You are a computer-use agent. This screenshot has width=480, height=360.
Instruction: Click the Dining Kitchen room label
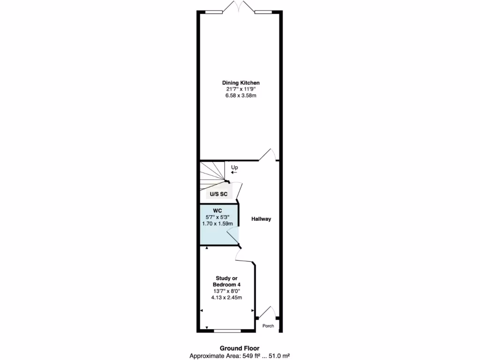pos(240,82)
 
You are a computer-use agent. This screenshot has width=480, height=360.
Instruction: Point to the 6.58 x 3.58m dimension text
pos(240,96)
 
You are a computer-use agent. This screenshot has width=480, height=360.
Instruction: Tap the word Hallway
pos(261,219)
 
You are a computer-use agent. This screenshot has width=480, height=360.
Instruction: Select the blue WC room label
pos(217,210)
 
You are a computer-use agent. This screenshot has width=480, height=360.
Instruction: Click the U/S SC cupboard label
pos(218,194)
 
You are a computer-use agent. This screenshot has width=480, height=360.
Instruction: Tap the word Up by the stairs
pos(234,167)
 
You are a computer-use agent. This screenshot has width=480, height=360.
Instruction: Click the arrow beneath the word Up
pos(234,172)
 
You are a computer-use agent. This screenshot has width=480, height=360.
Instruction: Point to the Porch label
pos(268,326)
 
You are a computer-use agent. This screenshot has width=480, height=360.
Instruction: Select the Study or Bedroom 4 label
pos(226,281)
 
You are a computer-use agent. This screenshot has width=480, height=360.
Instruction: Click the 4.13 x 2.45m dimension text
pos(226,298)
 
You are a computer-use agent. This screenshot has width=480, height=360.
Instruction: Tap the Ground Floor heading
pos(240,348)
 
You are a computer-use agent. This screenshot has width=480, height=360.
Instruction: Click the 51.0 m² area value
pos(279,356)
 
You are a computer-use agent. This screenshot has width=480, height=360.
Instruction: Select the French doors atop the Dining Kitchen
pos(239,7)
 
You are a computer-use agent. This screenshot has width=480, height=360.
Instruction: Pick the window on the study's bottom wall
pos(227,330)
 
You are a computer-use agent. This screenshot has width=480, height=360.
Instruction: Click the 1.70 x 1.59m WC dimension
pos(217,224)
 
